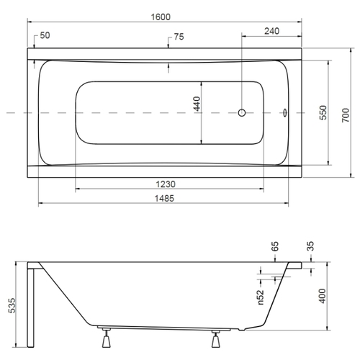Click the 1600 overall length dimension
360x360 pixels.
point(161,17)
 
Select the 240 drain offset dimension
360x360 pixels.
point(271,31)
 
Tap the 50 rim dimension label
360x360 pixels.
point(45,35)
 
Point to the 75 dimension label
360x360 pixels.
point(179,37)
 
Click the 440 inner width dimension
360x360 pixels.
point(197,104)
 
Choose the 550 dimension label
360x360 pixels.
point(323,112)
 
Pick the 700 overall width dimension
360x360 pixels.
point(346,115)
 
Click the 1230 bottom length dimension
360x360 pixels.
point(166,184)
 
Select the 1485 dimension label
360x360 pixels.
point(164,199)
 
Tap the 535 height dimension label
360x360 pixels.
point(12,305)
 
